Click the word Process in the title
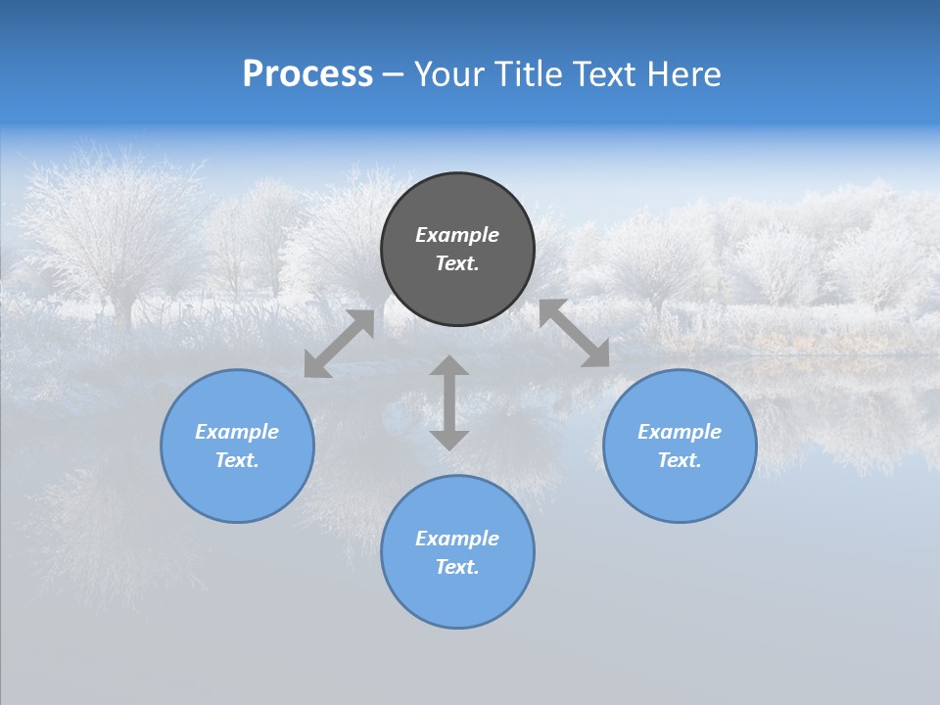coord(307,74)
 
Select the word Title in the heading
coord(529,74)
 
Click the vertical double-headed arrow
coord(449,402)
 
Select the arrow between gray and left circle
coord(340,343)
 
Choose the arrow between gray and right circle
coord(574,333)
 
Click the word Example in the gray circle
coord(457,235)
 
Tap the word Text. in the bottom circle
coord(457,567)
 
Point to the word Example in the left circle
coord(237,432)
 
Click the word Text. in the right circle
coord(680,460)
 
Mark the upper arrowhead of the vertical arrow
coord(449,365)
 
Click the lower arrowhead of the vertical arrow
coord(449,440)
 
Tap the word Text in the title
coord(604,74)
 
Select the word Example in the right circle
coord(680,432)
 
